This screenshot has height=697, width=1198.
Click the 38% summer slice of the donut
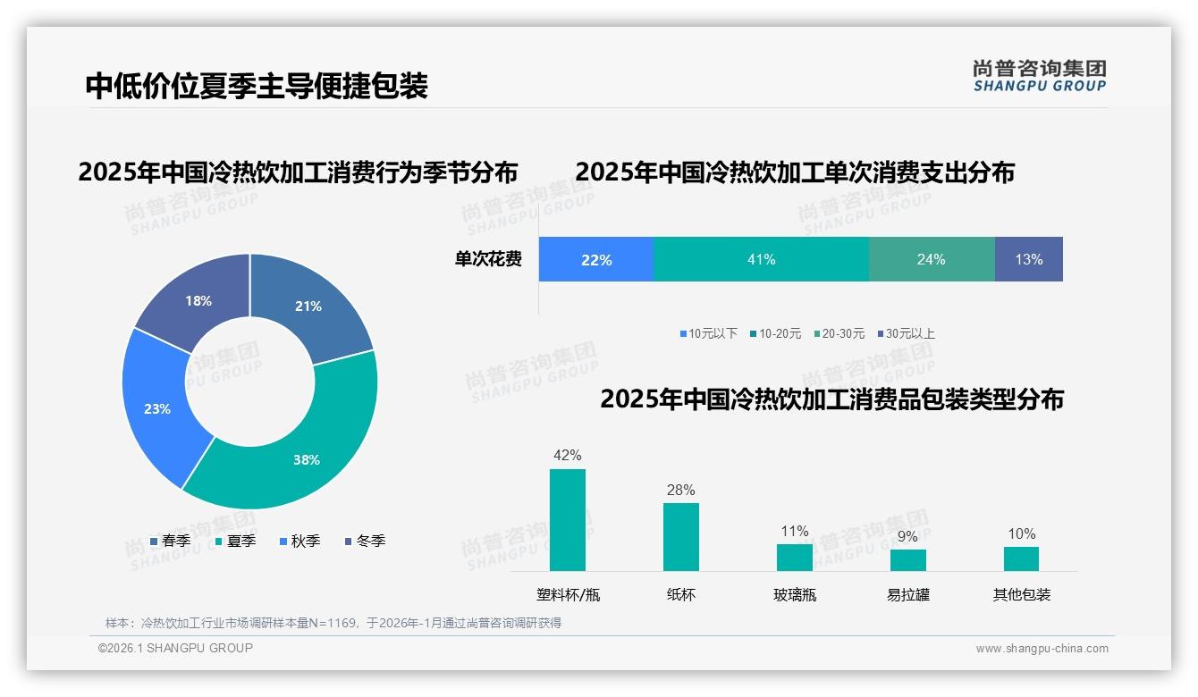coord(295,447)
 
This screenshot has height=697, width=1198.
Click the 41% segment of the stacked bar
coord(761,259)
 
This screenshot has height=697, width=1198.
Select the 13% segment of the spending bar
coord(1028,259)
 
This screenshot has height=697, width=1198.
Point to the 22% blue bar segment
coord(596,259)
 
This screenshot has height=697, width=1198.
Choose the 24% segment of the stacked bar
coord(931,259)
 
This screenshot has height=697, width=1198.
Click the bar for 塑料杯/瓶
coord(568,520)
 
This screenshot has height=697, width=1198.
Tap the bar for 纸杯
coord(681,537)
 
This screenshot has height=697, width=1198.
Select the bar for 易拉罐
coord(907,560)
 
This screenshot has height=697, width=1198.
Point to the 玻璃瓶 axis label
coord(795,594)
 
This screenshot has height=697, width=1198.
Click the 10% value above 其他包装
coord(1021,534)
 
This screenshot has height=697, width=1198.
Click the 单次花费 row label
coord(488,259)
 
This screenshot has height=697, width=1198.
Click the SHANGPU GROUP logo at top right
coord(1039,76)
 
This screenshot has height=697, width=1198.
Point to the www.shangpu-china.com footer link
coord(1042,649)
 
